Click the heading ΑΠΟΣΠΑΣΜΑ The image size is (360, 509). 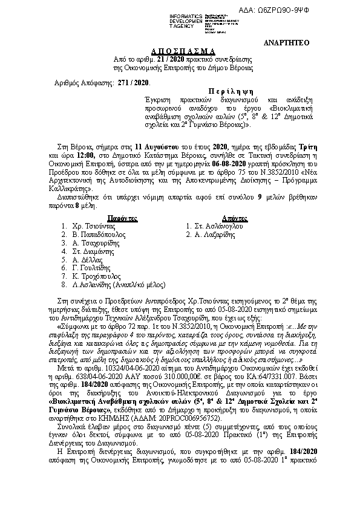pyautogui.click(x=179, y=52)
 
